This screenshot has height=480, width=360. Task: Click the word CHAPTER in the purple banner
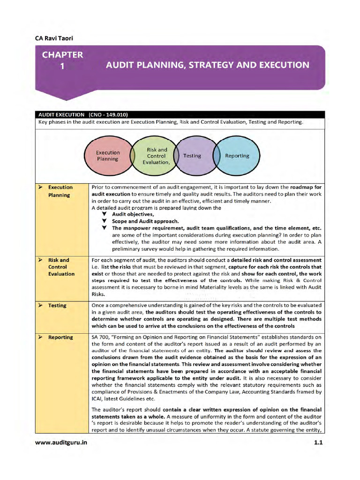pos(62,55)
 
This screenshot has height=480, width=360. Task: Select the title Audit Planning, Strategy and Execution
pos(207,65)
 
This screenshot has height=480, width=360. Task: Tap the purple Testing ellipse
pos(192,156)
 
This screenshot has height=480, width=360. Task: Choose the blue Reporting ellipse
pos(237,156)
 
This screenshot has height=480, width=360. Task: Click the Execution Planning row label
pos(60,191)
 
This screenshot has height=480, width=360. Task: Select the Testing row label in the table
pos(57,306)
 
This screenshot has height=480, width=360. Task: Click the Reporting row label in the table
pos(60,337)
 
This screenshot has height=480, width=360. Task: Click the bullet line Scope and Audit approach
pos(145,221)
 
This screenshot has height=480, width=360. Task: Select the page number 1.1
pos(319,442)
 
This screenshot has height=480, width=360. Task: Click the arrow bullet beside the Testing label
pos(41,306)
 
